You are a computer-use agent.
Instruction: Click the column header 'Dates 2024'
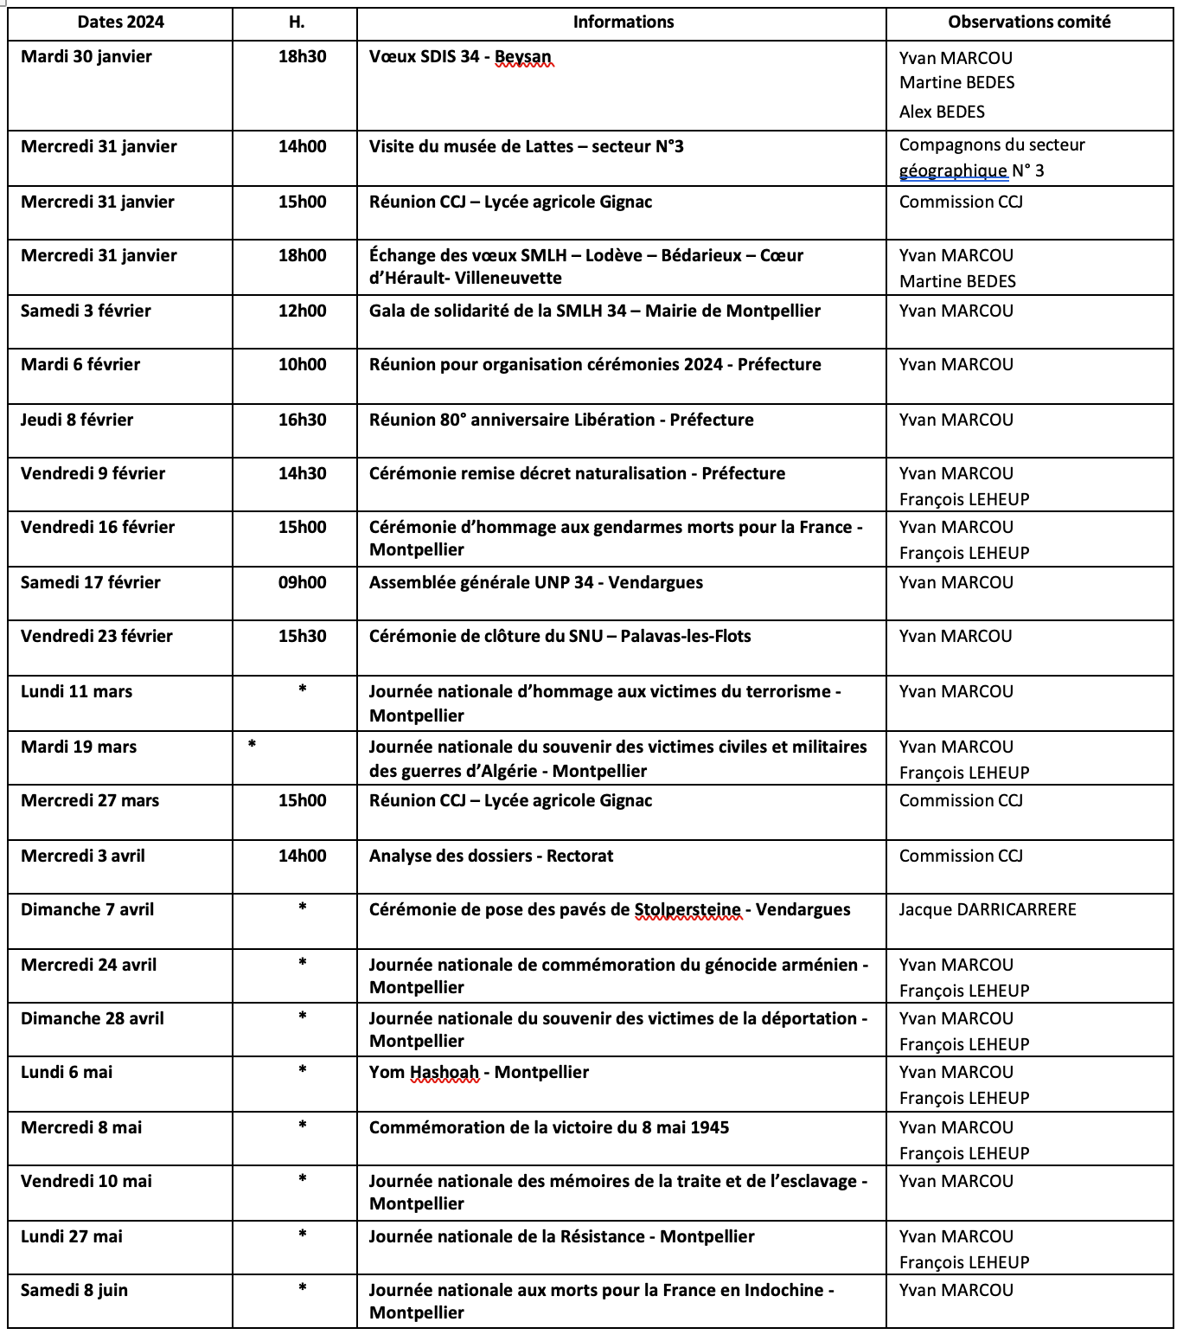click(x=120, y=22)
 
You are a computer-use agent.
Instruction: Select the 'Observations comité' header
click(x=1028, y=22)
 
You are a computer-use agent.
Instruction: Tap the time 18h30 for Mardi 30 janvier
click(x=302, y=57)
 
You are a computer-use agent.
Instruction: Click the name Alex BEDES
click(x=942, y=112)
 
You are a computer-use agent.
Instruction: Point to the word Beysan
click(x=522, y=57)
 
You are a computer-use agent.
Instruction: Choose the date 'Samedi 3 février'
click(x=86, y=311)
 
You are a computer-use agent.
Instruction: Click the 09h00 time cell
click(x=302, y=583)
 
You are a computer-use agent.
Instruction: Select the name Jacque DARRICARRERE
click(x=988, y=910)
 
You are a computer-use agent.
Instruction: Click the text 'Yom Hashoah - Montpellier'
click(x=478, y=1073)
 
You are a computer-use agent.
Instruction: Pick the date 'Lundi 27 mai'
click(x=72, y=1237)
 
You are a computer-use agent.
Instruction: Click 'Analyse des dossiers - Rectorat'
click(x=490, y=857)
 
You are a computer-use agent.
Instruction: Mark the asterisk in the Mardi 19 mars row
click(x=252, y=745)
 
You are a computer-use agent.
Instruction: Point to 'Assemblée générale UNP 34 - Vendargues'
click(x=535, y=583)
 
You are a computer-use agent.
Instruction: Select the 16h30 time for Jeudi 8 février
click(x=302, y=420)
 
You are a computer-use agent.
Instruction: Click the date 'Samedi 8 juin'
click(x=74, y=1291)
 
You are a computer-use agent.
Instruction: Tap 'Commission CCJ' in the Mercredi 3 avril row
click(x=961, y=857)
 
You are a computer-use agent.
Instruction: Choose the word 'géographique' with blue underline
click(x=953, y=171)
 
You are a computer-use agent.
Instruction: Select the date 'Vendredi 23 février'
click(x=97, y=637)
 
